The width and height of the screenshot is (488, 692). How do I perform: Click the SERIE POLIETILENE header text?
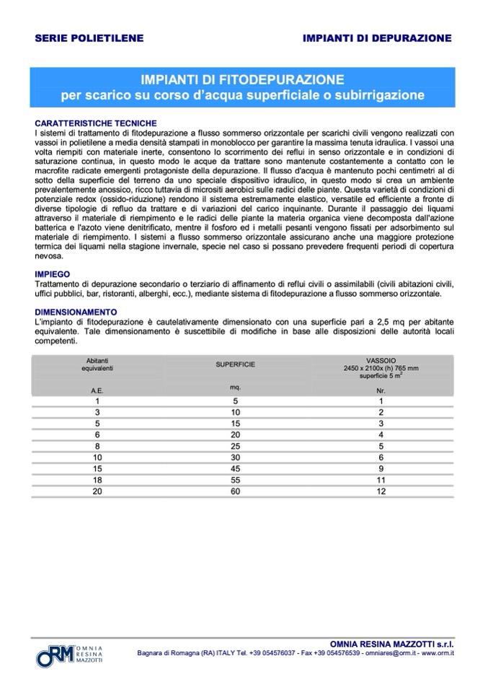89,38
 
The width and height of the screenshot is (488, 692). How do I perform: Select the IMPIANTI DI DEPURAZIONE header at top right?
377,38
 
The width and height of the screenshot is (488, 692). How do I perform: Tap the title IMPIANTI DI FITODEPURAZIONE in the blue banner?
242,79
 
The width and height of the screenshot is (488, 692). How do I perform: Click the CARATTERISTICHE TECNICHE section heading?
96,123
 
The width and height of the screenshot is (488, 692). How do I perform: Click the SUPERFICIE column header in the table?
235,364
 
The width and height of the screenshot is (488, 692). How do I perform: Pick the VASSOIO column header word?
381,359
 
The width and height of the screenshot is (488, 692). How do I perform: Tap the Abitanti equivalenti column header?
97,363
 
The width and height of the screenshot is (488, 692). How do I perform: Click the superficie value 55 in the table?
235,480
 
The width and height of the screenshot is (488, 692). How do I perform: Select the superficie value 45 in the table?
235,468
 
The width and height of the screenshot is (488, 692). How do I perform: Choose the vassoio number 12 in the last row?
381,491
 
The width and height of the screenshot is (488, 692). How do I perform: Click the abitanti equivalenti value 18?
97,480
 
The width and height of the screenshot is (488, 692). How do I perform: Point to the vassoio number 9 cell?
381,468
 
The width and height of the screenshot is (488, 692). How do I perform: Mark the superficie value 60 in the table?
235,491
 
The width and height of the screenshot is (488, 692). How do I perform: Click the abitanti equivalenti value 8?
97,446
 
